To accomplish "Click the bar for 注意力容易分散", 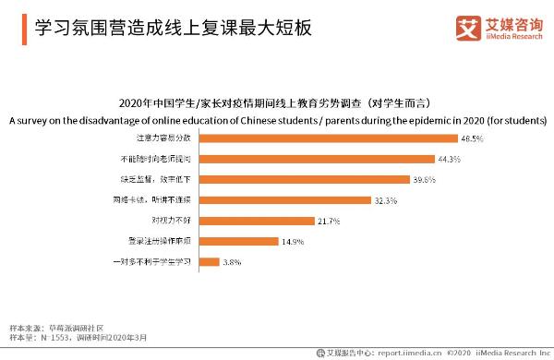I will [328, 138].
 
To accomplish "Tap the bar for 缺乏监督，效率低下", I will [305, 180].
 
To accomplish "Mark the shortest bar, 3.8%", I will [209, 262].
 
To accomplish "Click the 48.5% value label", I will [473, 138].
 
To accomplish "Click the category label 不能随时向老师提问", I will [163, 159].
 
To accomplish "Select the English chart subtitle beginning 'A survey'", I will [276, 120].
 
